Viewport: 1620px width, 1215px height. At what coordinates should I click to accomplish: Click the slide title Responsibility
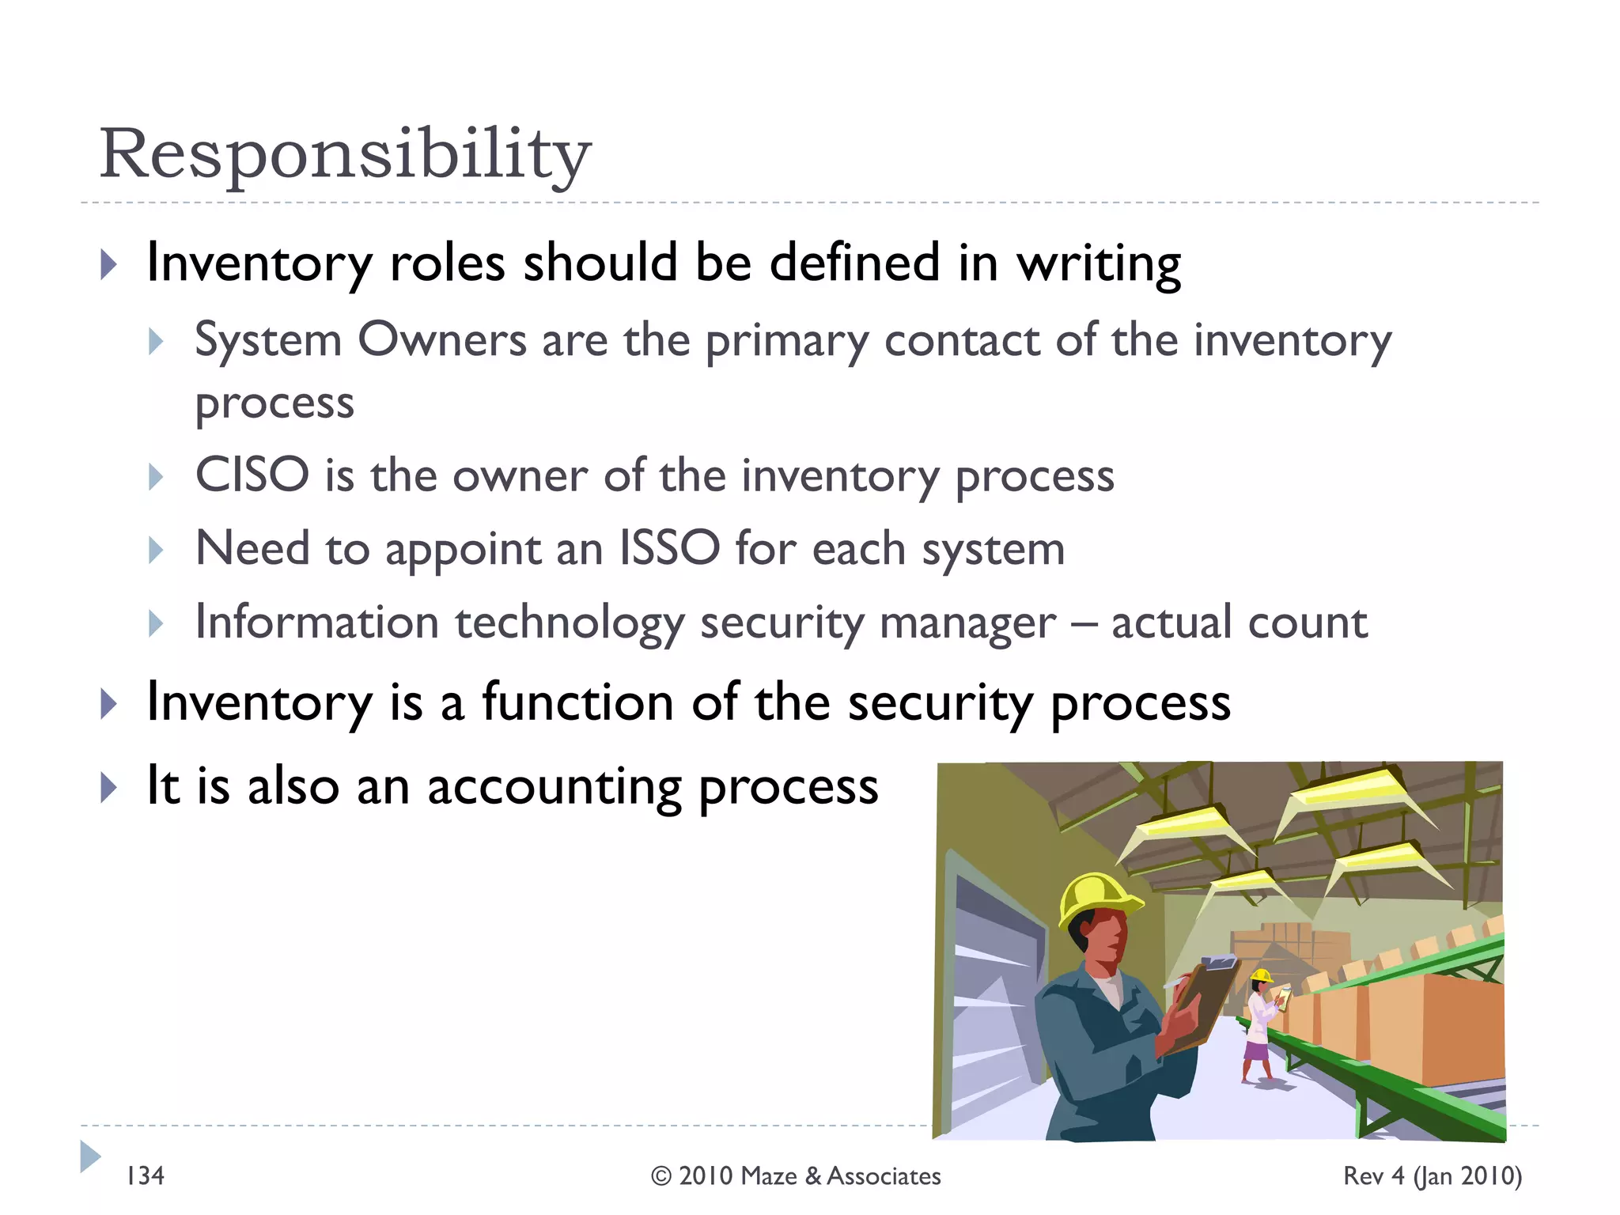(345, 154)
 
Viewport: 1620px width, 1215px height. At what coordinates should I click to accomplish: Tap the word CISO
(252, 475)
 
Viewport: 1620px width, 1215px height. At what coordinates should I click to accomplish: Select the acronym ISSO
(669, 548)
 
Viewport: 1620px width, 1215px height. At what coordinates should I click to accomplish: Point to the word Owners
(442, 340)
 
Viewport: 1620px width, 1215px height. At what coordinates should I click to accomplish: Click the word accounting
(554, 788)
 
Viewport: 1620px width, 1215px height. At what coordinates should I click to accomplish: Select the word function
(577, 702)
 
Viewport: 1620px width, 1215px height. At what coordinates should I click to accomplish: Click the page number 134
(146, 1176)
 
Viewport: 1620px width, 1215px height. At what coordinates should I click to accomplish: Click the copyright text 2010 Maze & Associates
(796, 1176)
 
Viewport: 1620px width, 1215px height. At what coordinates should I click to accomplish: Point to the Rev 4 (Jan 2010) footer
(1432, 1176)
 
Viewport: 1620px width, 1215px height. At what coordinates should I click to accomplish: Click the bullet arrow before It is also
(109, 788)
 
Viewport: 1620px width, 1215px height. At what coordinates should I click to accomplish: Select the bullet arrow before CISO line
(156, 477)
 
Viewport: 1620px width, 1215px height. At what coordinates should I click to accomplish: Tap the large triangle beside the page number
(90, 1156)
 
